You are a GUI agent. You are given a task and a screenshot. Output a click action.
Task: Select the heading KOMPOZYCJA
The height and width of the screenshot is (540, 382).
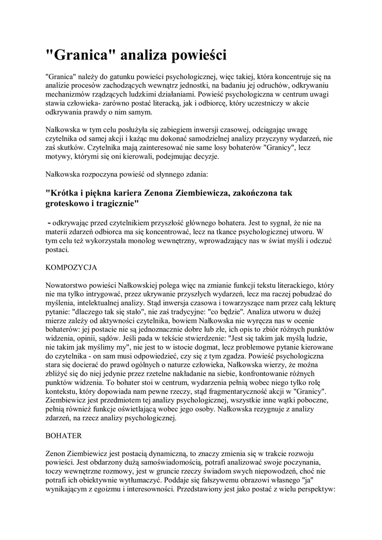(71, 267)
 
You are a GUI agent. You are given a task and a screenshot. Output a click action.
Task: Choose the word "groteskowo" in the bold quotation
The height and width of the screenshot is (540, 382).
(69, 203)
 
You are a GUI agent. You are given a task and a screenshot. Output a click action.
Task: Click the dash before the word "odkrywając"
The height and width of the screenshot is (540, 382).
(50, 222)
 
